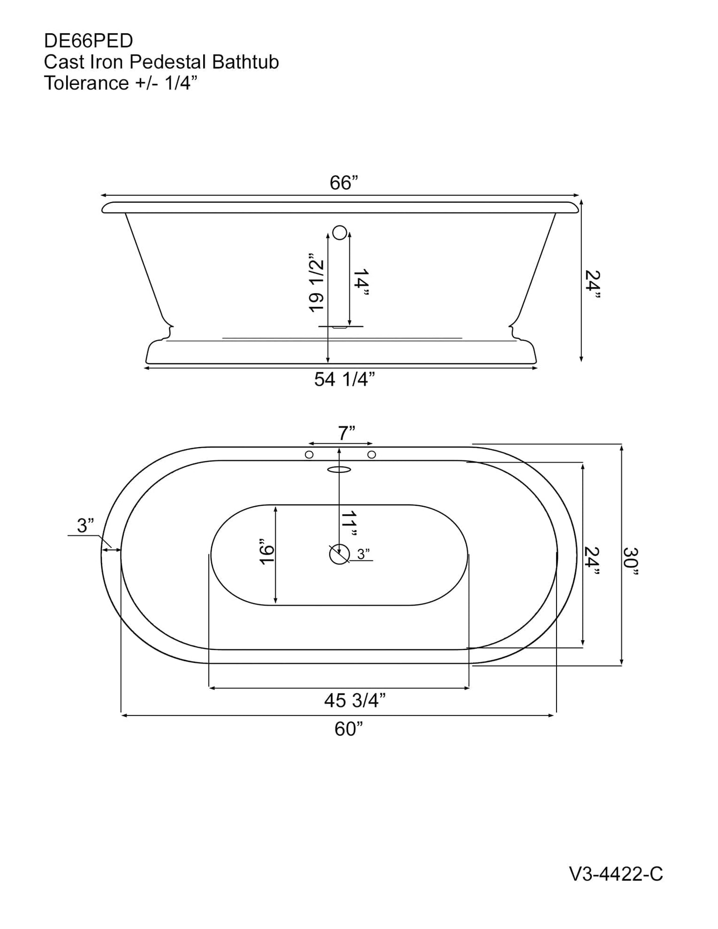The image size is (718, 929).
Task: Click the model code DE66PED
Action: pyautogui.click(x=88, y=41)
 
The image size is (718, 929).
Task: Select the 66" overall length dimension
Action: pyautogui.click(x=344, y=183)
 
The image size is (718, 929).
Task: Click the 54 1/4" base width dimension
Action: pyautogui.click(x=344, y=380)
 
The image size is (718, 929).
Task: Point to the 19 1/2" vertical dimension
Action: pyautogui.click(x=317, y=286)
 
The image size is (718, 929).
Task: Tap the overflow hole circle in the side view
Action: pyautogui.click(x=340, y=232)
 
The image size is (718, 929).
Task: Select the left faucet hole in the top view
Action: pyautogui.click(x=309, y=455)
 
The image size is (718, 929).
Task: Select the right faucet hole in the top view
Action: pyautogui.click(x=371, y=455)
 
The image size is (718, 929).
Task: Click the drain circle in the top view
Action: pyautogui.click(x=339, y=554)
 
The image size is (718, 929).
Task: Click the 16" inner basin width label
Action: pyautogui.click(x=267, y=551)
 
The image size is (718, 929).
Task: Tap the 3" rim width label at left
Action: pyautogui.click(x=85, y=525)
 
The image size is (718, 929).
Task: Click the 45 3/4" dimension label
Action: pyautogui.click(x=355, y=700)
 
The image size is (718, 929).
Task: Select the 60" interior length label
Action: pyautogui.click(x=348, y=729)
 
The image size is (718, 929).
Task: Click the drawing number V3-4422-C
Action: pyautogui.click(x=616, y=888)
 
